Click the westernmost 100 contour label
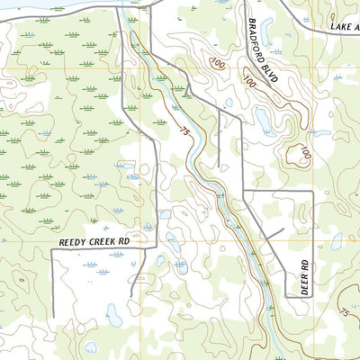pyautogui.click(x=216, y=63)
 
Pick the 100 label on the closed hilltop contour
pyautogui.click(x=305, y=154)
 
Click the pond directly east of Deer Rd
pyautogui.click(x=337, y=241)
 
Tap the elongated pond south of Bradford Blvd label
pyautogui.click(x=262, y=120)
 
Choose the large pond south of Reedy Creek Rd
pyautogui.click(x=114, y=314)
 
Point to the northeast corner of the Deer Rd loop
pyautogui.click(x=311, y=193)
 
